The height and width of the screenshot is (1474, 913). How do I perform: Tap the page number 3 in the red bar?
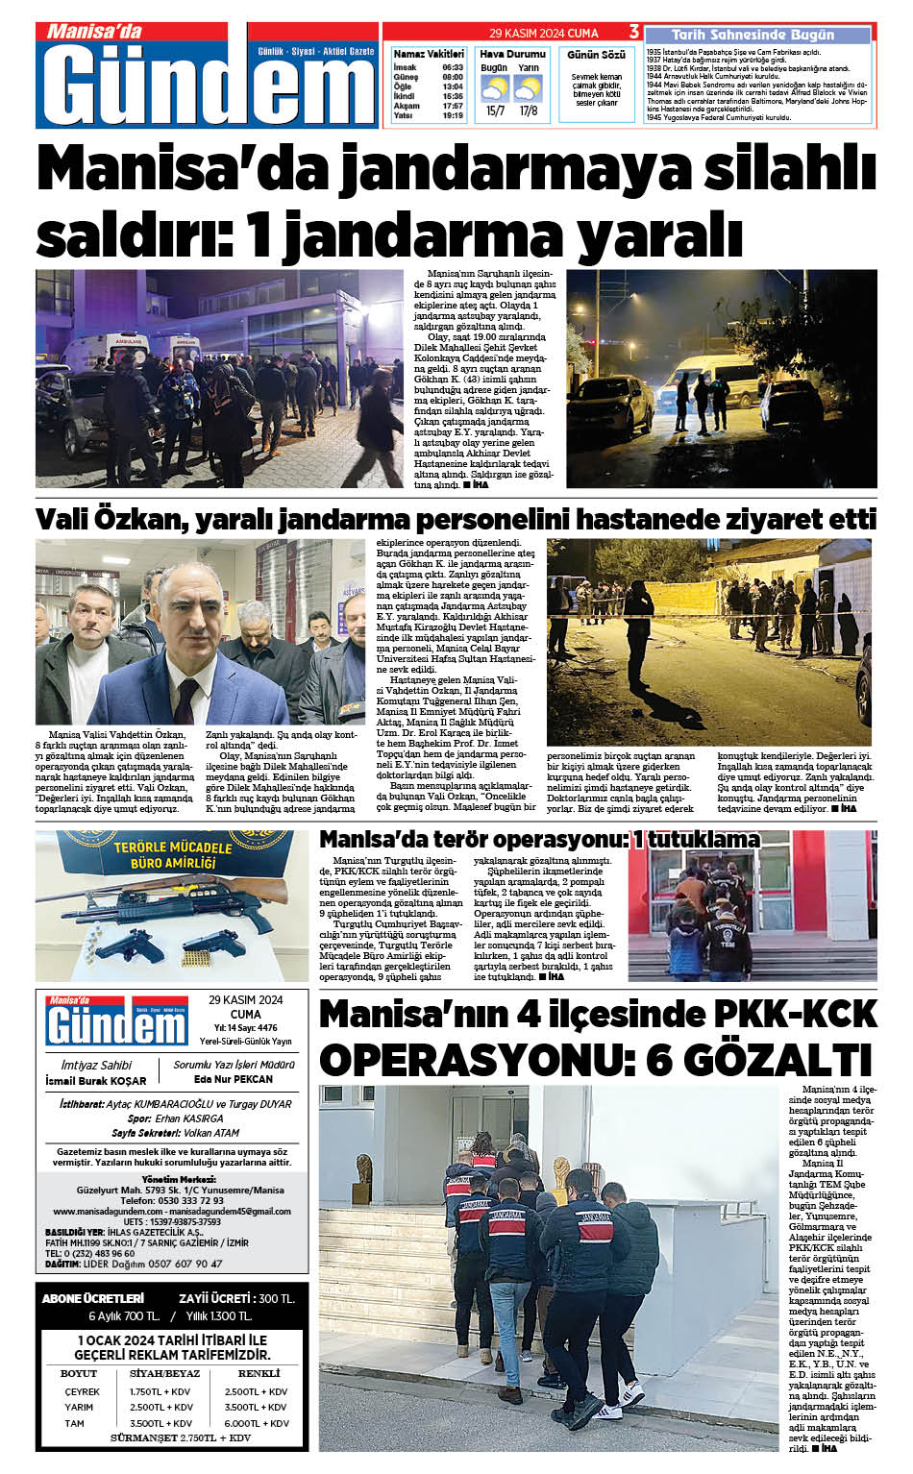coord(633,32)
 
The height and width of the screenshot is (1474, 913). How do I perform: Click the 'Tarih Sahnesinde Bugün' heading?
coord(753,35)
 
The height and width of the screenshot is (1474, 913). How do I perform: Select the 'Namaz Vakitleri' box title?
coord(429,54)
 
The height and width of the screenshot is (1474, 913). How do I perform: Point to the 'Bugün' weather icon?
coord(495,89)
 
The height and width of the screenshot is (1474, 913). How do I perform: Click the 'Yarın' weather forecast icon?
coord(528,89)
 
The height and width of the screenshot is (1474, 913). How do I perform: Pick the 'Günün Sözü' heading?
coord(596,55)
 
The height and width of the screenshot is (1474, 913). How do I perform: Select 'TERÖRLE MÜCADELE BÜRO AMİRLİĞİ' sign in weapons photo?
coord(173,853)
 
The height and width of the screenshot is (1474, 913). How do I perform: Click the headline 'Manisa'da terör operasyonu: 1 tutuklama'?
coord(539,840)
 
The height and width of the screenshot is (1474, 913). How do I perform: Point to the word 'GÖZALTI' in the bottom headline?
coord(758,1061)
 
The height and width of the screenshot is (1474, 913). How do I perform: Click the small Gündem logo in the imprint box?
coord(116,1021)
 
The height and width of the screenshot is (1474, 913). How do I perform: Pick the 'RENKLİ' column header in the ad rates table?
coord(259,1373)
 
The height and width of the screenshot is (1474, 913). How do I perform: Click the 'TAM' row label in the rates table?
coord(75,1423)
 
